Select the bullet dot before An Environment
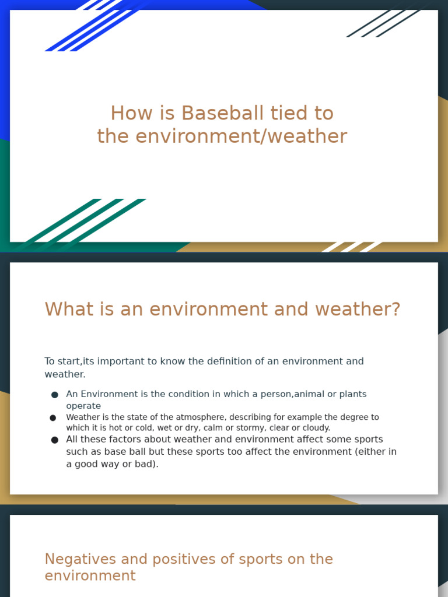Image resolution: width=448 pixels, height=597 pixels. (x=55, y=395)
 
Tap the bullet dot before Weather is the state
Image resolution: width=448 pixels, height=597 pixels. (x=53, y=417)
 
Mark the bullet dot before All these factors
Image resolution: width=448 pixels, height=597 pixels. (x=55, y=440)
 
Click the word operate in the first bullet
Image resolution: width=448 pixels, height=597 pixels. (x=83, y=406)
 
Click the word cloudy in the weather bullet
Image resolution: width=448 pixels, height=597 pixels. (x=315, y=428)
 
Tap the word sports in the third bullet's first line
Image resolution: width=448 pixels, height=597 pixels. (x=367, y=440)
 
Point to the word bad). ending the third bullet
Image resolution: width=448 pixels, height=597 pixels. (x=146, y=464)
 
